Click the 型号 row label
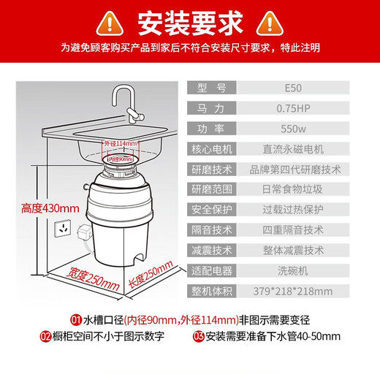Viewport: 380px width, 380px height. [x=213, y=88]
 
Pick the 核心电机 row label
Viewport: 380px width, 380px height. [x=213, y=149]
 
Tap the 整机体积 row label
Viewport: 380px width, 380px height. [x=213, y=291]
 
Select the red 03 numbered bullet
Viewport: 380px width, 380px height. [x=199, y=337]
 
